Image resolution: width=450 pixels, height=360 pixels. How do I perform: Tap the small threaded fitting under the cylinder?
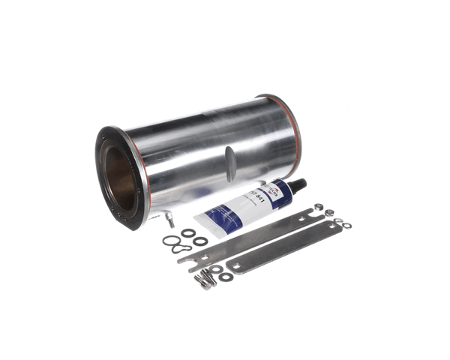click(169, 220)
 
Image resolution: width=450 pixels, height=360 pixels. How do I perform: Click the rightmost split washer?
click(346, 225)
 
